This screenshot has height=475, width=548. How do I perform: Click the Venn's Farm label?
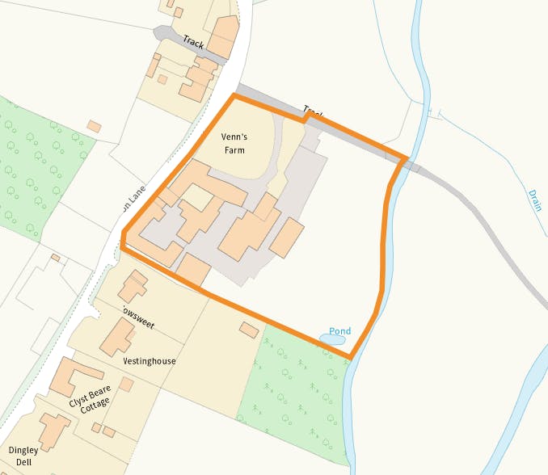tap(234, 143)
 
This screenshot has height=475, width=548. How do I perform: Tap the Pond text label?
tap(340, 331)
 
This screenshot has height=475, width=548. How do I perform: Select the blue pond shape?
tap(332, 340)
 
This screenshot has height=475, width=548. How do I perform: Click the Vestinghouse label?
tap(150, 361)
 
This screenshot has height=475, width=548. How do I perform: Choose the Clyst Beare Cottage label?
tap(89, 404)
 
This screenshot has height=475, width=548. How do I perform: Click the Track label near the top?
tap(193, 40)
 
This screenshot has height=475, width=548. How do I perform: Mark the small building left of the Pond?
tap(250, 330)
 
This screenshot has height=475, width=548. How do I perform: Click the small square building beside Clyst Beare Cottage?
tap(126, 385)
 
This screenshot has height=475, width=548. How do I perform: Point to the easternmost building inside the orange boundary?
tap(287, 237)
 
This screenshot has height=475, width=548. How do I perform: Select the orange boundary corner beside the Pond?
tap(350, 356)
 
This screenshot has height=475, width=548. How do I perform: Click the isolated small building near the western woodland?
tap(94, 126)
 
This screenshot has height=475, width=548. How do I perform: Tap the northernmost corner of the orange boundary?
tap(234, 96)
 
